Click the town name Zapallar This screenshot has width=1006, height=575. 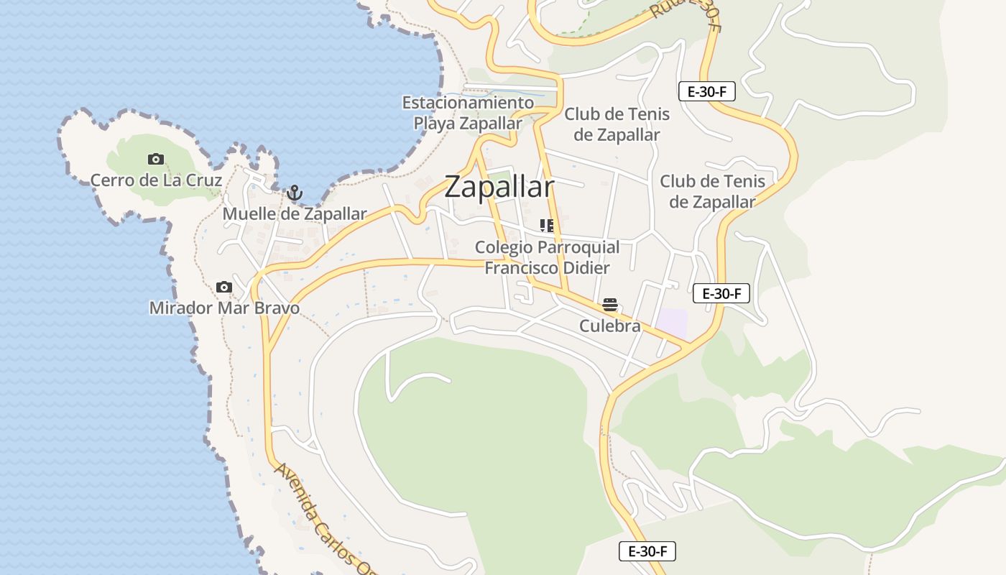499,187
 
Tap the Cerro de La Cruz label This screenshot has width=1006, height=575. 156,180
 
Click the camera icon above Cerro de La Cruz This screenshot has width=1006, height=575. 155,159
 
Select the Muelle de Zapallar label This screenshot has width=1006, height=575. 294,213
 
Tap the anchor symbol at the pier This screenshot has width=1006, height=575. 293,193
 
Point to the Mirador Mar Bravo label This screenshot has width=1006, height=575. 224,308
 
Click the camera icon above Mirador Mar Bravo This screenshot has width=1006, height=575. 224,287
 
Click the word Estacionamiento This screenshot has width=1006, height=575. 468,103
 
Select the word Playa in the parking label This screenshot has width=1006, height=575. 434,124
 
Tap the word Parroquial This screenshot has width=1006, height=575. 578,247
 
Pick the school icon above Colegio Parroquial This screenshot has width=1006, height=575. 547,226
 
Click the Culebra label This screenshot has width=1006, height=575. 610,326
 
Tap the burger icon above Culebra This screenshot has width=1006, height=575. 610,305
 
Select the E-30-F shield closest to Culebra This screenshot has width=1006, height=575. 721,293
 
